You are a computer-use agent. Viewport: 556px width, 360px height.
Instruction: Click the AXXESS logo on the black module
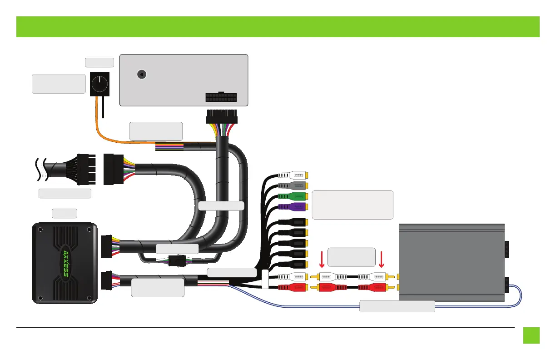click(65, 263)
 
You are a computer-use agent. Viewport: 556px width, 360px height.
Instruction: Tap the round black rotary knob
click(99, 83)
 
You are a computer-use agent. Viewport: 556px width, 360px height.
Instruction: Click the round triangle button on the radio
click(142, 74)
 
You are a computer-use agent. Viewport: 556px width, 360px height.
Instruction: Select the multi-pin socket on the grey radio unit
click(221, 98)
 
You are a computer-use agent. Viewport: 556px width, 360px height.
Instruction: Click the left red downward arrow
click(322, 259)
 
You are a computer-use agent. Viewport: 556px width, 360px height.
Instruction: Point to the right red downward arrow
click(382, 259)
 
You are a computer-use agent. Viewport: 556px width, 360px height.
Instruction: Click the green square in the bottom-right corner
click(531, 335)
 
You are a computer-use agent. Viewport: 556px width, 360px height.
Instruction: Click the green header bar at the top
click(278, 27)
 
